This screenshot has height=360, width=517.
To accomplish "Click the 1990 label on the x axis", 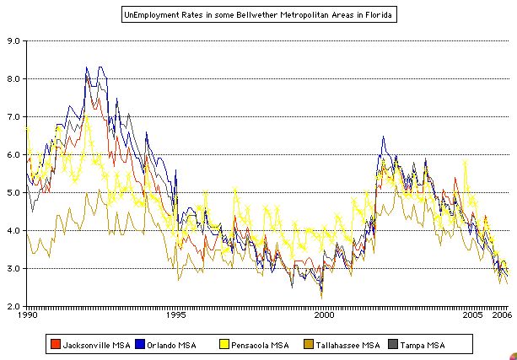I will pyautogui.click(x=27, y=317).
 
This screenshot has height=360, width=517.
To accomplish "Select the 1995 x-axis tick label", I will pyautogui.click(x=175, y=317).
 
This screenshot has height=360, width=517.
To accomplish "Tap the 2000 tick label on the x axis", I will pyautogui.click(x=324, y=317).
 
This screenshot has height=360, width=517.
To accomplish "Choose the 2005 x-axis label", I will pyautogui.click(x=472, y=317).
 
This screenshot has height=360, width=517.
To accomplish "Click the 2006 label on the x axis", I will pyautogui.click(x=501, y=317).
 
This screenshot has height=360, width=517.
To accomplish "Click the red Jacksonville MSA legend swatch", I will pyautogui.click(x=56, y=344).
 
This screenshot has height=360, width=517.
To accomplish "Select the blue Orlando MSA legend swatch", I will pyautogui.click(x=140, y=344).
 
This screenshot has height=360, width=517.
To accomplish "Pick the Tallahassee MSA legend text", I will pyautogui.click(x=346, y=344).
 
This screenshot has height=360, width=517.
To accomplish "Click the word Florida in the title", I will pyautogui.click(x=376, y=15).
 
